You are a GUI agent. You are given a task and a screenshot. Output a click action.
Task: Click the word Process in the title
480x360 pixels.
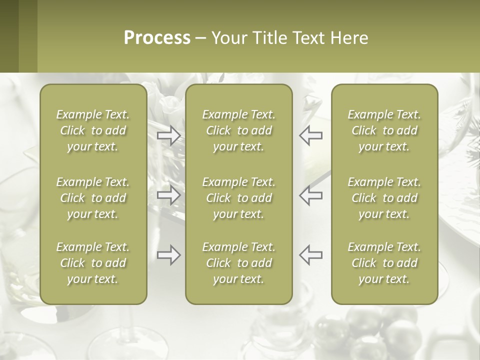(x=157, y=38)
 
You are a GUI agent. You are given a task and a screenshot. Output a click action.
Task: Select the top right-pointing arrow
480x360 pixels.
(x=168, y=135)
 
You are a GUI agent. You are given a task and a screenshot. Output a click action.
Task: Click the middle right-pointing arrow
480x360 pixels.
(x=168, y=195)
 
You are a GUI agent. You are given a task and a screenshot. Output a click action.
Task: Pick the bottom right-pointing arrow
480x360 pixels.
(x=168, y=255)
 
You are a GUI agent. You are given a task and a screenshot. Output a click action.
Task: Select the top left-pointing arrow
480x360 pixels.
(x=310, y=135)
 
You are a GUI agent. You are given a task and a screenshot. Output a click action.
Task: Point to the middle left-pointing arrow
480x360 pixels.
(x=310, y=195)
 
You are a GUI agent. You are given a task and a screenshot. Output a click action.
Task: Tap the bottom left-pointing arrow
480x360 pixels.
(x=310, y=255)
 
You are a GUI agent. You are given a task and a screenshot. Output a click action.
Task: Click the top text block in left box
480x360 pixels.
(x=93, y=130)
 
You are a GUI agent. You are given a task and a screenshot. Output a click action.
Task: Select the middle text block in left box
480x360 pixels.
(x=93, y=198)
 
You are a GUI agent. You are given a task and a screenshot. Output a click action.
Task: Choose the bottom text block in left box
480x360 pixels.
(x=93, y=263)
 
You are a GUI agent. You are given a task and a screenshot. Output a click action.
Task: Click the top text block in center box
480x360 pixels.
(x=239, y=130)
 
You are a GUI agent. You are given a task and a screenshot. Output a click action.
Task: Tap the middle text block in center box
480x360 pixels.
(x=239, y=198)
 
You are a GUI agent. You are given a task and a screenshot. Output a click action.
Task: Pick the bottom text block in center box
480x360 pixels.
(x=239, y=263)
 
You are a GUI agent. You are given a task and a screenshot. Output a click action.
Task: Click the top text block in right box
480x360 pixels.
(x=384, y=130)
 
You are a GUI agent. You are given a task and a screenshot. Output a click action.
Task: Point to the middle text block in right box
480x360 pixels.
(x=384, y=198)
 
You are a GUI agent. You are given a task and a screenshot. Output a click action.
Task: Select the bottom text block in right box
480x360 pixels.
(x=384, y=263)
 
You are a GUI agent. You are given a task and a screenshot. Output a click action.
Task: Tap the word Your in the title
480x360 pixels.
(x=228, y=38)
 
